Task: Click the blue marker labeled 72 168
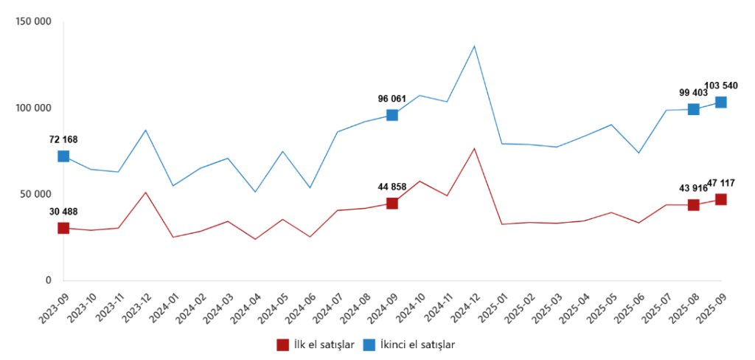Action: tap(63, 156)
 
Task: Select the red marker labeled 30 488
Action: tap(63, 228)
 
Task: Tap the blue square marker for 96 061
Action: tap(392, 115)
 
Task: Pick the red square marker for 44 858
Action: tap(392, 204)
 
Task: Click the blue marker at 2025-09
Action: tap(721, 103)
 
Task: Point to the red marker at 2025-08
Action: tap(694, 205)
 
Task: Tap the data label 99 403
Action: tap(693, 93)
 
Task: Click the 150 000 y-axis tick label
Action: tap(33, 22)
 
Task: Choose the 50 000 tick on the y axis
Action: tap(35, 194)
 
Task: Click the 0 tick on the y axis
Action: tap(48, 280)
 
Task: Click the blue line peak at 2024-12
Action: tap(474, 46)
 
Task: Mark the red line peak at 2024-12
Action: tap(474, 148)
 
